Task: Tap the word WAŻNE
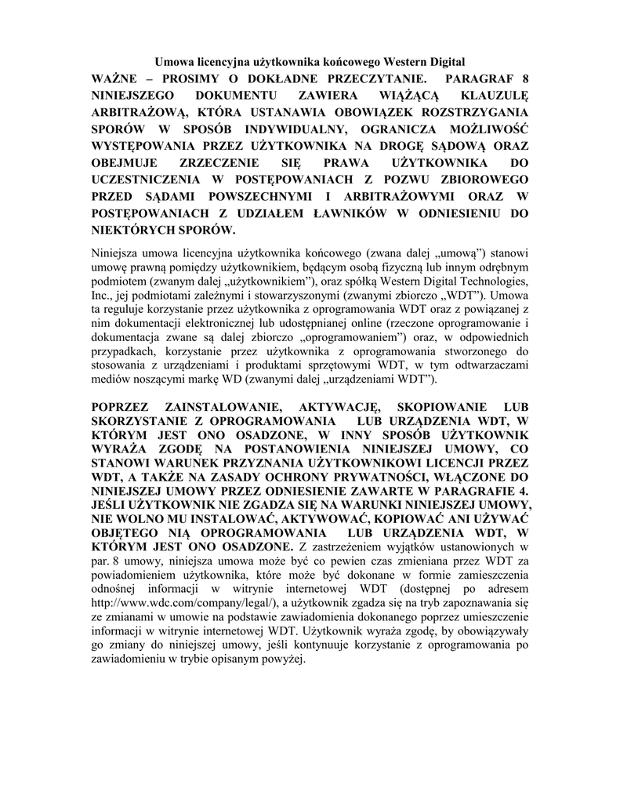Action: [118, 78]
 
